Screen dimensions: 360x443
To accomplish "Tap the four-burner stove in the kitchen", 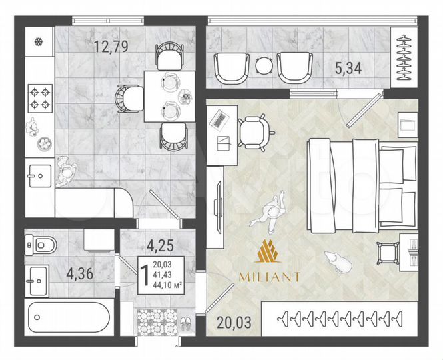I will click(39, 97).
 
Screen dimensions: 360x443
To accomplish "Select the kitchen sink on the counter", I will click(38, 177).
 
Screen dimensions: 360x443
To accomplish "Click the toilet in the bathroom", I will click(42, 245).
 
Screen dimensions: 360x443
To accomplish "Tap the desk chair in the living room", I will click(255, 131).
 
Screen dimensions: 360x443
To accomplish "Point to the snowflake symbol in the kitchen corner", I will click(38, 42).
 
